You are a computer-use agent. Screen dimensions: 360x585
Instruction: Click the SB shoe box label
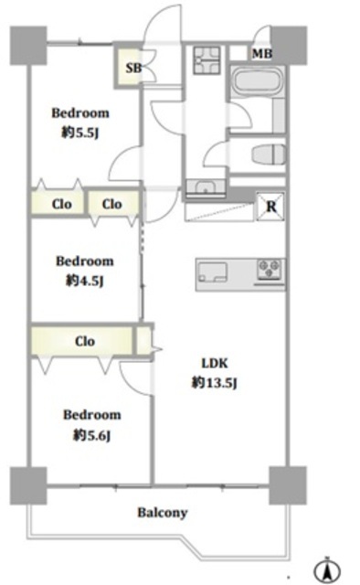tap(133, 68)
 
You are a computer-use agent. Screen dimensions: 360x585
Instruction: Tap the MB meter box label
tap(262, 54)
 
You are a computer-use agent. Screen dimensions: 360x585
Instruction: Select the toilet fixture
tap(269, 154)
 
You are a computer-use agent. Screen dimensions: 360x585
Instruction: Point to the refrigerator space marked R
tap(270, 206)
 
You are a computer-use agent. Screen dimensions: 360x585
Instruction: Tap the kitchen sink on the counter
tap(213, 272)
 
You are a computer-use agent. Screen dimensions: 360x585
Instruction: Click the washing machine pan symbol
tap(206, 59)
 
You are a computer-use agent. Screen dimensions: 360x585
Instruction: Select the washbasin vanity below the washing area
tap(206, 187)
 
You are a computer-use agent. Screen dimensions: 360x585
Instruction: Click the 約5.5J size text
tap(79, 133)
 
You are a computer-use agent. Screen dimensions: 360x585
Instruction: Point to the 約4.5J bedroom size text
tap(84, 281)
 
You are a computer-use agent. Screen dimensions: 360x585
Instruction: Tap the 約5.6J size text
tap(91, 435)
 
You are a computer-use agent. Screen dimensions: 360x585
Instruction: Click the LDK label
tap(215, 363)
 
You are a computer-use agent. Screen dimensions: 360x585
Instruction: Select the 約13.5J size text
tap(214, 383)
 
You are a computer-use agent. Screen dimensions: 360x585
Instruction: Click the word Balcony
tap(163, 513)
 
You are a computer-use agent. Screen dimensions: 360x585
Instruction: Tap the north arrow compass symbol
tap(327, 570)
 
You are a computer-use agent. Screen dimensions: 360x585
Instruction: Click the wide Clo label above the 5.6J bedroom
tap(85, 341)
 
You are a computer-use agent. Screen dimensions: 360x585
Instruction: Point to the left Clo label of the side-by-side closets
tap(61, 204)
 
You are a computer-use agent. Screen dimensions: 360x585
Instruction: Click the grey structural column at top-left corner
tap(28, 45)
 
